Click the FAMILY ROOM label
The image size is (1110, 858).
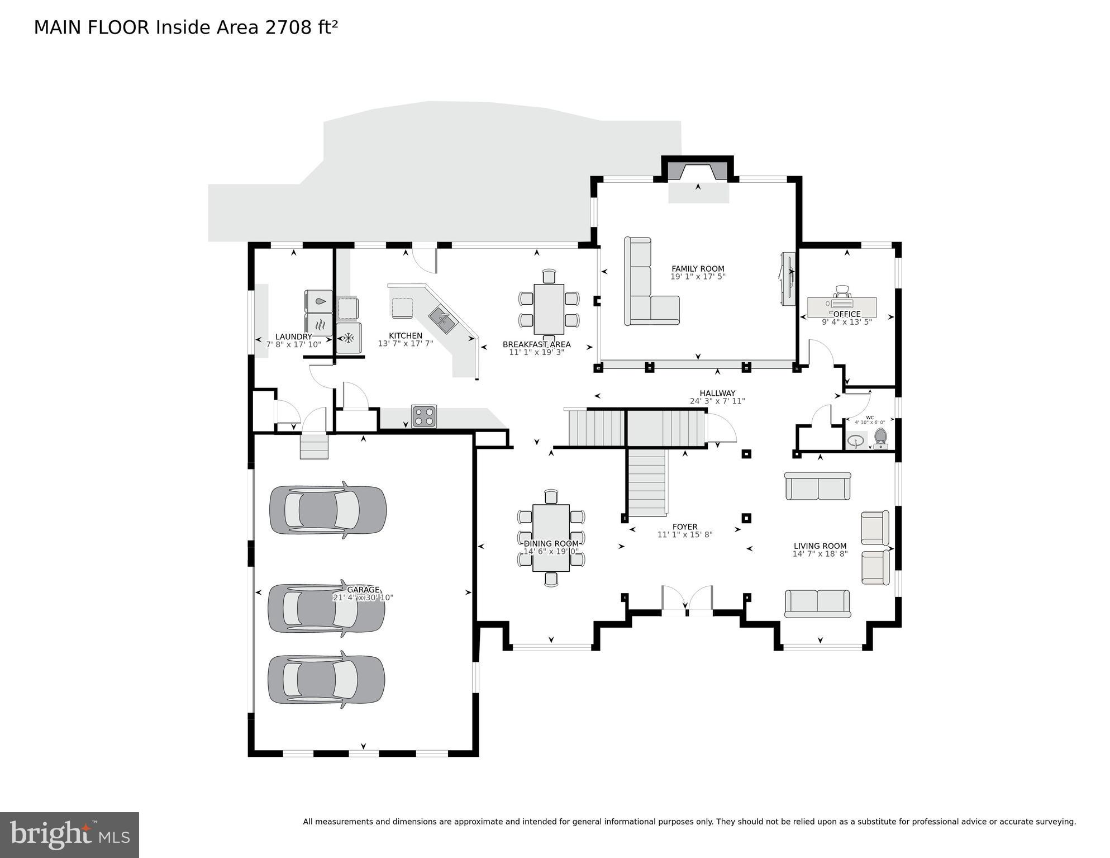point(697,269)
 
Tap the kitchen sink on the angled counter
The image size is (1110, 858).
point(442,320)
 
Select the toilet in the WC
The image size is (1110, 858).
point(880,438)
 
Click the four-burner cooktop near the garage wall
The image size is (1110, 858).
point(424,416)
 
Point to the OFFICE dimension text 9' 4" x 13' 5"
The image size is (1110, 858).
point(846,322)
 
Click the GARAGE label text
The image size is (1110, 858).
point(363,590)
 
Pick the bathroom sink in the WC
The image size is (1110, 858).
point(855,441)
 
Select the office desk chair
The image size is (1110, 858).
point(842,292)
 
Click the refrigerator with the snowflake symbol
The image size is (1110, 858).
point(349,338)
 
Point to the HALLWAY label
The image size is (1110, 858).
point(717,393)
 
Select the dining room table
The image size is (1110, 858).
point(551,538)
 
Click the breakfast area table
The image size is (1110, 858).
point(549,309)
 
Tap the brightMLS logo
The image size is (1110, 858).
point(69,835)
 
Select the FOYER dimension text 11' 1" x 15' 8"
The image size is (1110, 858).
point(684,535)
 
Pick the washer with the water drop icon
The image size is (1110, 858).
point(319,301)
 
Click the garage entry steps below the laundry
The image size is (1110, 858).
point(314,446)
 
